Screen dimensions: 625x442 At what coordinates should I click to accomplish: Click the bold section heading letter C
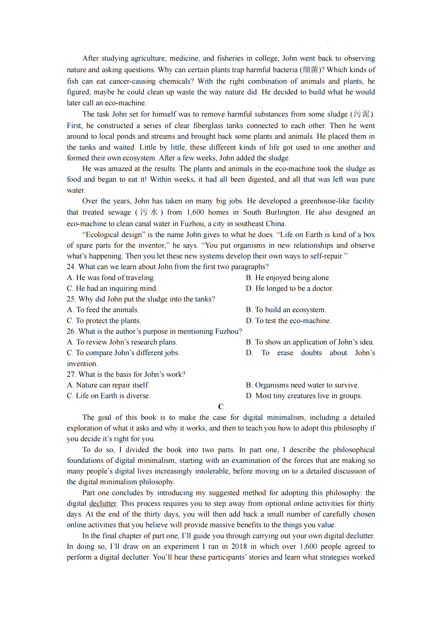coord(221,406)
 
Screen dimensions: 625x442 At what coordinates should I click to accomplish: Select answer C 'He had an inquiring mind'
coord(112,288)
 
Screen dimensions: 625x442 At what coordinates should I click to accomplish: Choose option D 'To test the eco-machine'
coord(288,321)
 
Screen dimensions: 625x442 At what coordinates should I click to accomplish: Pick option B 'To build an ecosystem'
coord(286,310)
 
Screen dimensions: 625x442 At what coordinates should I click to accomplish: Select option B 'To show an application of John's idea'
coord(310,342)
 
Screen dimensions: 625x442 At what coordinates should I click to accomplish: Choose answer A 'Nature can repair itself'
coord(108,385)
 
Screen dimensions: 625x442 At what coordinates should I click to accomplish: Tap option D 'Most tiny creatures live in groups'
coord(304,396)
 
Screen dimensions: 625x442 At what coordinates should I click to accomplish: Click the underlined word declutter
coord(103,504)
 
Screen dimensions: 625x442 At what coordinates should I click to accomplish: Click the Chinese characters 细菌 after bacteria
coord(310,70)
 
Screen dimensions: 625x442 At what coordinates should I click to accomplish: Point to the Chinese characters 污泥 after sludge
coord(362,114)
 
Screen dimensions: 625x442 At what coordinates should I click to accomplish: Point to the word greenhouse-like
coord(324,201)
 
